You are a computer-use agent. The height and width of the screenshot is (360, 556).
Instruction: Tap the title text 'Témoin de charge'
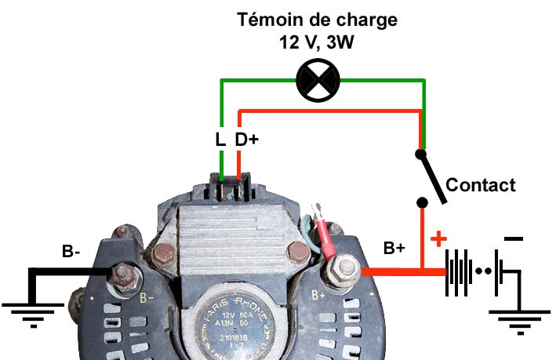(317, 20)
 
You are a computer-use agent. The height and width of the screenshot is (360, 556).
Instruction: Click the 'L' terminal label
(220, 140)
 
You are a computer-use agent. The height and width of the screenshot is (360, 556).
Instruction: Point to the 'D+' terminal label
(247, 140)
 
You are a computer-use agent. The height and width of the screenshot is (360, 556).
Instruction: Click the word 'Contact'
(480, 185)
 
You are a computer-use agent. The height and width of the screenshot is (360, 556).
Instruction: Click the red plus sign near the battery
(440, 238)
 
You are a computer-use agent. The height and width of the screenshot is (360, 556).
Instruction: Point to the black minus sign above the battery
(514, 238)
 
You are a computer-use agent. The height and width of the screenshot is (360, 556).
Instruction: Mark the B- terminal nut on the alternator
(123, 273)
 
